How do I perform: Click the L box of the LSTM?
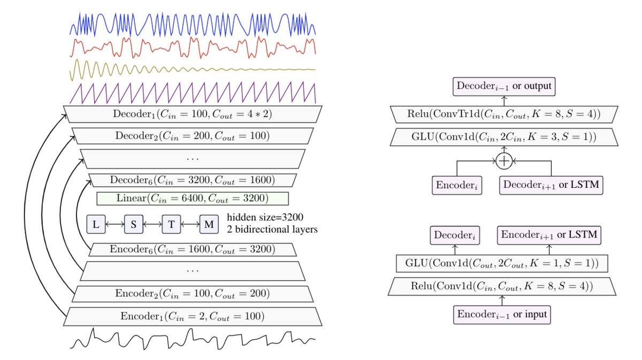(96, 224)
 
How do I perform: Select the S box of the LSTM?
(134, 224)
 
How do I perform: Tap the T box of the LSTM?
(171, 224)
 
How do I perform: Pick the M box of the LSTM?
(209, 224)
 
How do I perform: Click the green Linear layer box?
(193, 198)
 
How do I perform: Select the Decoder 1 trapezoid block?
(193, 114)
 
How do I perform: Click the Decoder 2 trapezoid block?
(193, 136)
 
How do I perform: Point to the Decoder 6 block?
(193, 180)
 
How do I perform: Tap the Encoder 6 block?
(193, 249)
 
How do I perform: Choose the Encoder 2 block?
(193, 294)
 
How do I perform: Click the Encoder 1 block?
(193, 317)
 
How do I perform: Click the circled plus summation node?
(504, 161)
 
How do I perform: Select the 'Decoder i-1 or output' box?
(504, 86)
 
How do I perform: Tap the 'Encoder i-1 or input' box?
(502, 315)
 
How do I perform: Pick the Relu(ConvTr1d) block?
(504, 114)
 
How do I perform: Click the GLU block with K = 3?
(504, 137)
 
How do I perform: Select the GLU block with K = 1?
(502, 263)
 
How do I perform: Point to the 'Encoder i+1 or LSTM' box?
(549, 235)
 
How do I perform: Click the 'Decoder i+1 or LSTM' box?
(551, 186)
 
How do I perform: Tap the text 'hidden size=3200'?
(265, 218)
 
